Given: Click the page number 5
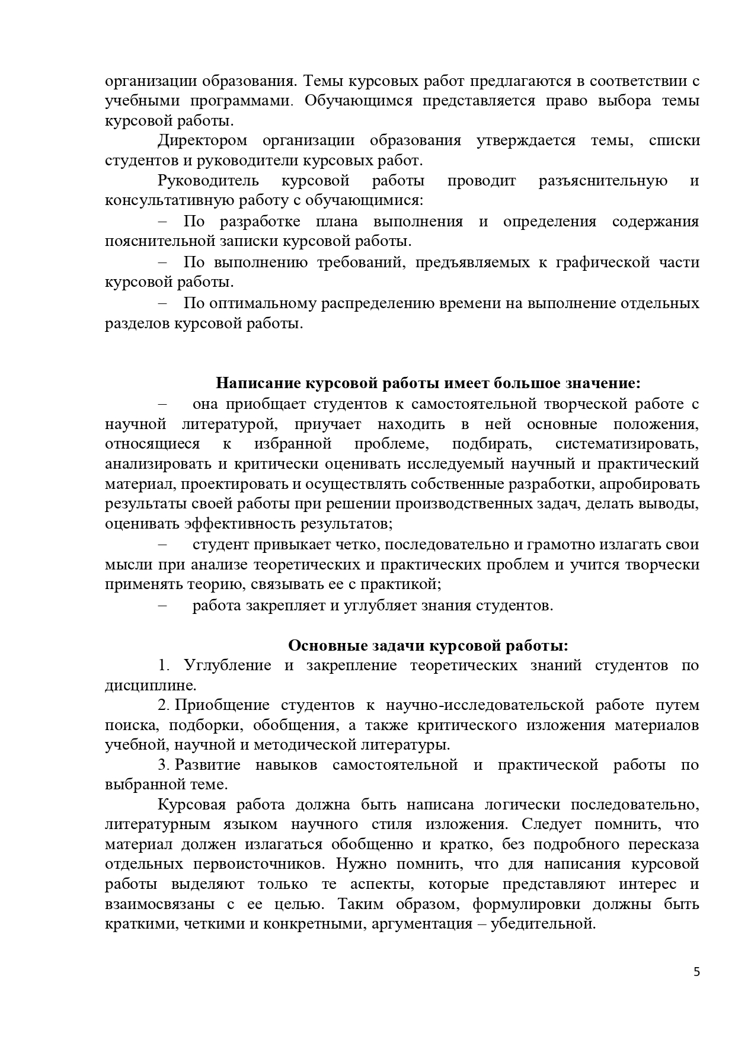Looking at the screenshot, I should (x=696, y=988).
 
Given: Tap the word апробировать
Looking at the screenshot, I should (x=650, y=484).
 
